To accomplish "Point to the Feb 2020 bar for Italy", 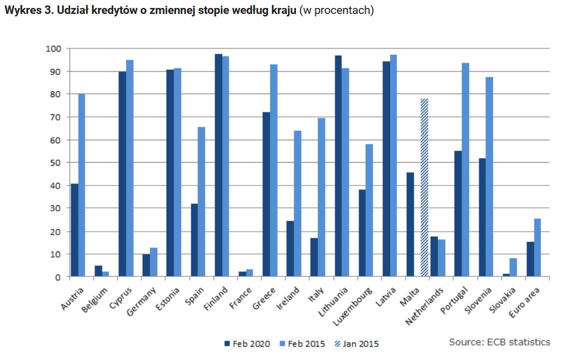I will [314, 257].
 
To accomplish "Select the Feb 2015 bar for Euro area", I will [537, 247].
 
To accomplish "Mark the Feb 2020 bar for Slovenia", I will [482, 217].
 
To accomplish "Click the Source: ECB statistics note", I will [499, 342].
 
